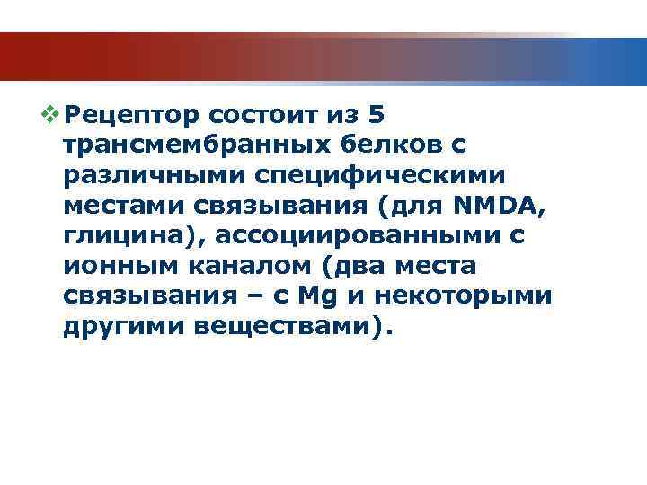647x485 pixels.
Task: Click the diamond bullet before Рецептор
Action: pos(53,115)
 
